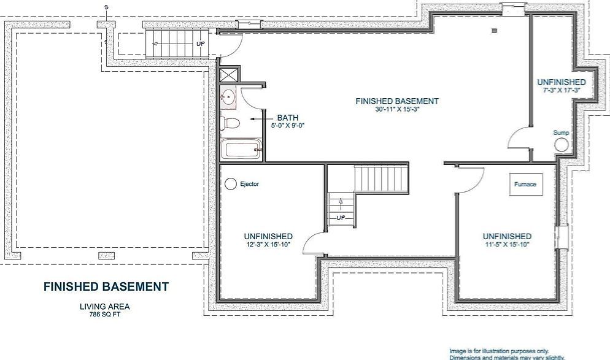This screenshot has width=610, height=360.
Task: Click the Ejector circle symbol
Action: [231, 183]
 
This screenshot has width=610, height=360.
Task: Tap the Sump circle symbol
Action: [562, 145]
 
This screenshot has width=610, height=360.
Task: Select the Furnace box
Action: [525, 184]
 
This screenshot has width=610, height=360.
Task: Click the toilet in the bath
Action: [229, 123]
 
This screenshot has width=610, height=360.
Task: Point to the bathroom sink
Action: [228, 96]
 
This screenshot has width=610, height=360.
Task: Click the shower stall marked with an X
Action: [228, 75]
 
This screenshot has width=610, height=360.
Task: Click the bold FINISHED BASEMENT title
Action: [106, 286]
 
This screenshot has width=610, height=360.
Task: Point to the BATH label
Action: [288, 117]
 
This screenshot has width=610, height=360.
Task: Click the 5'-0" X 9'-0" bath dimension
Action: [288, 126]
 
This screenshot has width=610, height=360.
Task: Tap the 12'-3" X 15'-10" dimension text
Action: [268, 245]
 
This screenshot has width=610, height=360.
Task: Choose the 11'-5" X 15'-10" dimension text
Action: [507, 245]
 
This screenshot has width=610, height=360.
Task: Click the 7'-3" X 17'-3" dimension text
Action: [561, 90]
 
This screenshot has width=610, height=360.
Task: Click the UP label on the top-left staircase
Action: [200, 44]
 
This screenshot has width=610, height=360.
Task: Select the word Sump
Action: [561, 132]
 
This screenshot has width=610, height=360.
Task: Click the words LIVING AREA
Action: [104, 307]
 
